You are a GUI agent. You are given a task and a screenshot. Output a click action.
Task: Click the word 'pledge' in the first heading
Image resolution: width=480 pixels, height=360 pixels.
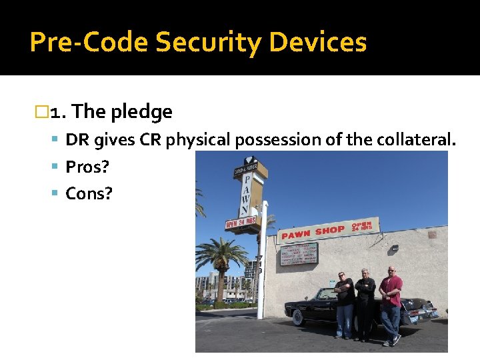[141, 112]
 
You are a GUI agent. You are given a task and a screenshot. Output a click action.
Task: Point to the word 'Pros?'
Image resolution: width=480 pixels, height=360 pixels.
[87, 167]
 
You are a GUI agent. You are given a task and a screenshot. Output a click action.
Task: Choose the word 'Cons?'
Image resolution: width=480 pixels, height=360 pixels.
[89, 193]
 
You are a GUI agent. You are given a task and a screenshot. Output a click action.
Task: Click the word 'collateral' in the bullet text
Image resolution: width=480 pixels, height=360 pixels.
[417, 140]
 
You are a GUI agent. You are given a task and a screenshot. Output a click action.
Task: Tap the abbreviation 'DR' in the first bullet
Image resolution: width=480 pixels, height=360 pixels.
[77, 140]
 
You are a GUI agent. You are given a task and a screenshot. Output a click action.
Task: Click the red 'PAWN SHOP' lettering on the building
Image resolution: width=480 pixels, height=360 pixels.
[313, 232]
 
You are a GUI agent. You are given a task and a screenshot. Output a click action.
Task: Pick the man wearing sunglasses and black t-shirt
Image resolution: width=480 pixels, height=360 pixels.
[344, 303]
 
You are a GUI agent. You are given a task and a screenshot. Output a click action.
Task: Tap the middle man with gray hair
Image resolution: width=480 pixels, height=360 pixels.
[365, 303]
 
